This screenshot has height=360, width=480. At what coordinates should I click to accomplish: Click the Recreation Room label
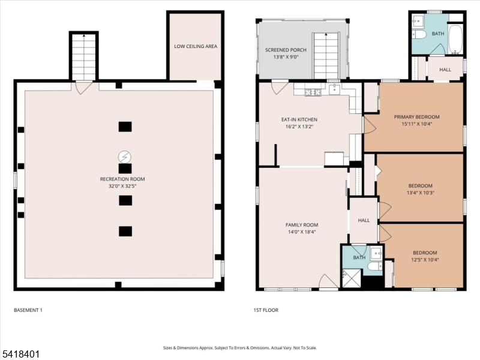click(x=122, y=179)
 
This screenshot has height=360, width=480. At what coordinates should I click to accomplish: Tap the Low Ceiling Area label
click(x=196, y=46)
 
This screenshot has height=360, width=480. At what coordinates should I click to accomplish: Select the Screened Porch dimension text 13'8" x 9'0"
click(x=286, y=57)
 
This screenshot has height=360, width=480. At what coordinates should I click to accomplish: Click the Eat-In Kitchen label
click(x=299, y=119)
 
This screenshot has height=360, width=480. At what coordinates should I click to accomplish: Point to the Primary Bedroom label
click(x=416, y=116)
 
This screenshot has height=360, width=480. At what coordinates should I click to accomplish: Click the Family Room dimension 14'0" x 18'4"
click(x=302, y=232)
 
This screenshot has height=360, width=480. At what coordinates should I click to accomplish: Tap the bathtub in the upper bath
click(x=455, y=39)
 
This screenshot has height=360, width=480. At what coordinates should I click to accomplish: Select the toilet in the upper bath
click(x=419, y=34)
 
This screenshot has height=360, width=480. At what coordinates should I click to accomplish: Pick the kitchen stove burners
click(x=313, y=92)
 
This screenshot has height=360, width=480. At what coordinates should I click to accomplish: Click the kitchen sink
click(x=334, y=89)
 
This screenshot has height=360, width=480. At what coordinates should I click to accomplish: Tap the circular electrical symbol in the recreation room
click(x=125, y=157)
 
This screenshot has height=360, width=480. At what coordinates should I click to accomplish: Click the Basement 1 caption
click(x=28, y=310)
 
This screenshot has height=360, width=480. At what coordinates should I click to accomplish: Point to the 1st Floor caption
click(x=266, y=310)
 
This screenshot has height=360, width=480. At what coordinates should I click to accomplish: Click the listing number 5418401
click(x=20, y=354)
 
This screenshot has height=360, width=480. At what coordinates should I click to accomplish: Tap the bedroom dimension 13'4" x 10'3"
click(x=421, y=193)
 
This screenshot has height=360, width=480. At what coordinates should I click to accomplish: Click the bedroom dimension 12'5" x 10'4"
click(x=425, y=260)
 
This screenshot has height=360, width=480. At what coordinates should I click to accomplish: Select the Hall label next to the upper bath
click(x=445, y=70)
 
